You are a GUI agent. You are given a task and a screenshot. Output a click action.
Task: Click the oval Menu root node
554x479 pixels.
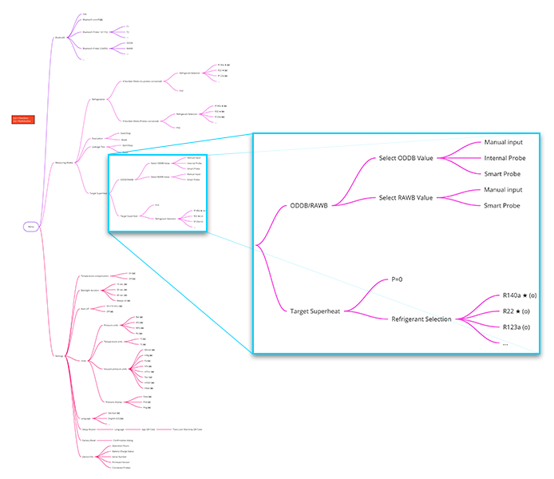(x=31, y=227)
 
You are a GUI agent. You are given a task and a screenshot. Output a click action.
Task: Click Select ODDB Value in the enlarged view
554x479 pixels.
(x=406, y=158)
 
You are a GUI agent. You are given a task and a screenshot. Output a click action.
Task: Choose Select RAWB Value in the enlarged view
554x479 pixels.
(x=406, y=197)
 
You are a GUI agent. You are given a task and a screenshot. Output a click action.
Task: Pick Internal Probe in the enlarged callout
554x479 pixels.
(x=505, y=158)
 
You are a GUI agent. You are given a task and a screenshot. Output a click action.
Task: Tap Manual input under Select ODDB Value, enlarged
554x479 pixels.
(x=503, y=143)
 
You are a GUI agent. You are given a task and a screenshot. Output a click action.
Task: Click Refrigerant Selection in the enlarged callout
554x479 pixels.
(x=422, y=319)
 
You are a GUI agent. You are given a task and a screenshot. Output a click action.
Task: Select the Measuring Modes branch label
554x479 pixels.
(x=65, y=162)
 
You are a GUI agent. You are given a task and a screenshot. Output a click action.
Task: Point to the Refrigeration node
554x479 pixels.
(x=99, y=99)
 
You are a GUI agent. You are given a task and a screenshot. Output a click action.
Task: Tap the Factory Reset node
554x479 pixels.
(x=89, y=440)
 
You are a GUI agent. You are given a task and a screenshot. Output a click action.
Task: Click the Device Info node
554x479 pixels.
(x=88, y=457)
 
